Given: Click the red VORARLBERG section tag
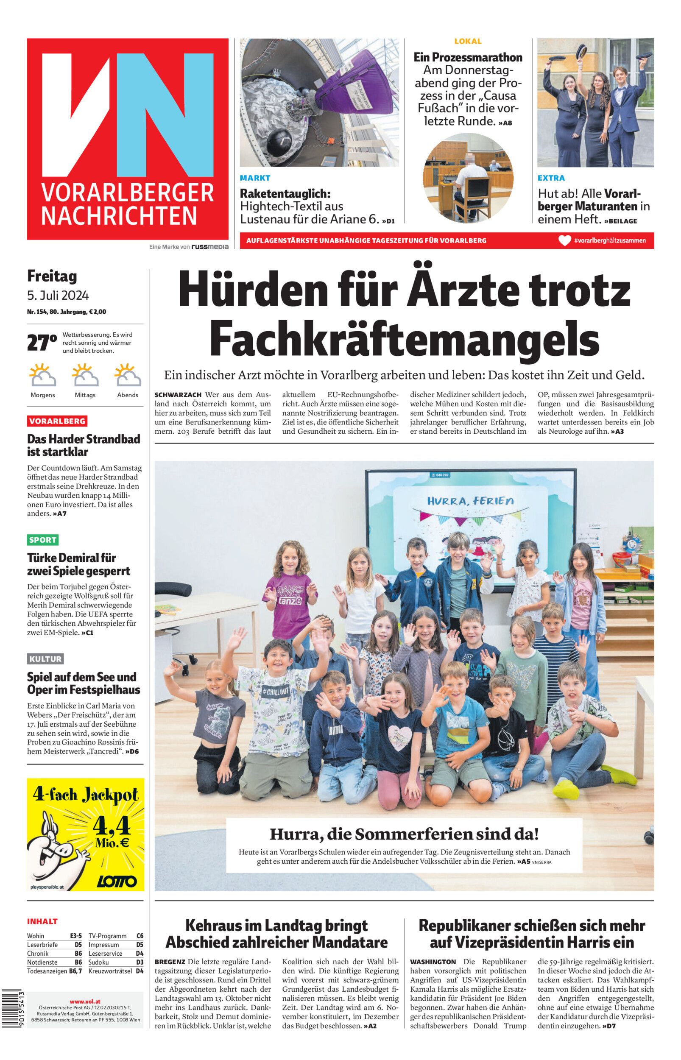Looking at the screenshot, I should [x=57, y=421].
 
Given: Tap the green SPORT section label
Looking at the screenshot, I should [x=42, y=540].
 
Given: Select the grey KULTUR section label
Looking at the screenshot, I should [x=45, y=659].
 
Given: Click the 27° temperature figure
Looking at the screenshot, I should [x=42, y=343].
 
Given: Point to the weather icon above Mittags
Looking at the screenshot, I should [x=85, y=375].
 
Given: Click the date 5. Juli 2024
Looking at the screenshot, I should [x=58, y=295].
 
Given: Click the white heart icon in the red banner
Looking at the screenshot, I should [x=565, y=240].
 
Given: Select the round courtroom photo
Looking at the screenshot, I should [x=468, y=177].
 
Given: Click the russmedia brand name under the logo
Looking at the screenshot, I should [x=209, y=247].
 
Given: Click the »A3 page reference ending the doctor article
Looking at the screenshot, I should [x=617, y=431].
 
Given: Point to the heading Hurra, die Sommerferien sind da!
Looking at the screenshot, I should [x=404, y=834].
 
